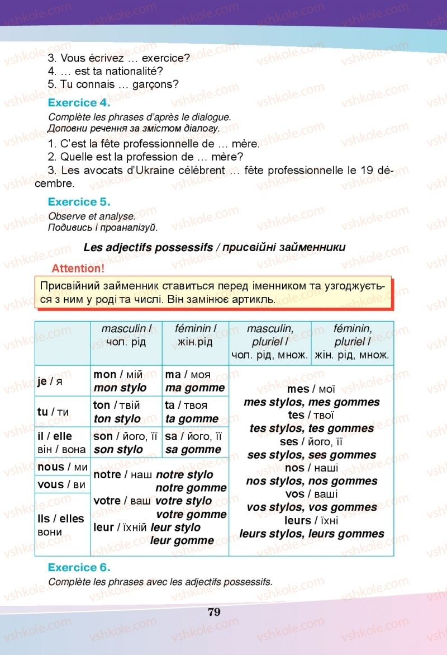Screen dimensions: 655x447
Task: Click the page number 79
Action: [214, 611]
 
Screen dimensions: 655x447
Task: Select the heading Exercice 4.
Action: [79, 103]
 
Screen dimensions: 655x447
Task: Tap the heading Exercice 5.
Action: [79, 202]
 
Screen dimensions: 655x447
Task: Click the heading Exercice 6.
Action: [79, 567]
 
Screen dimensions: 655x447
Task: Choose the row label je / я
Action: [50, 381]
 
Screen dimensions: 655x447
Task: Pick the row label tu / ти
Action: [53, 412]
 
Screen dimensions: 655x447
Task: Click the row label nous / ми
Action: [62, 466]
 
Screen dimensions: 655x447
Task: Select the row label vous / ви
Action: [61, 484]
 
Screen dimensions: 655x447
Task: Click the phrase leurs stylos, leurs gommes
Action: [312, 534]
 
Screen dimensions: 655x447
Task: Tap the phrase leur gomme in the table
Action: [182, 540]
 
